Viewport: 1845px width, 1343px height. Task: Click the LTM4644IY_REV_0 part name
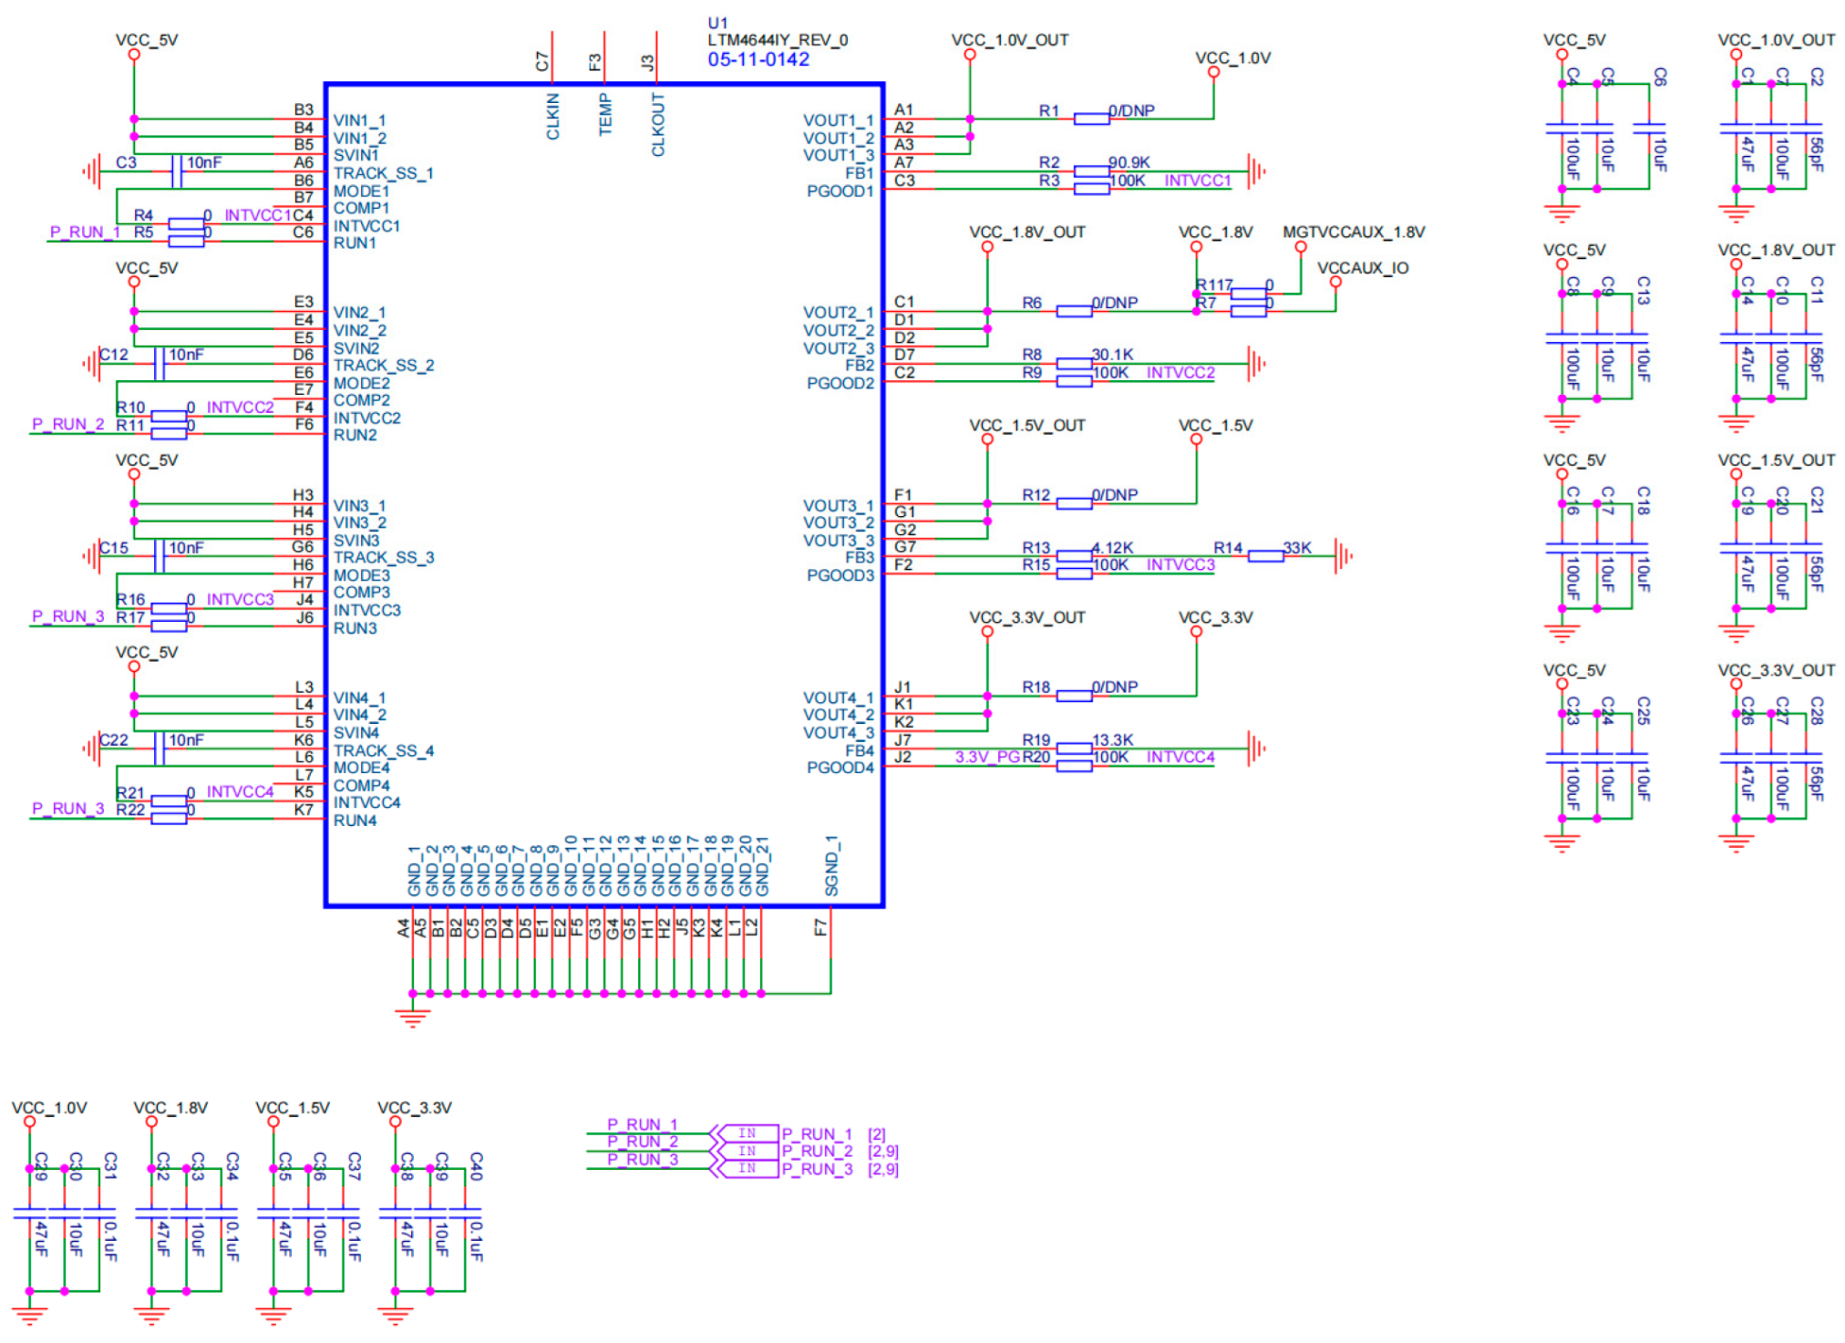click(777, 40)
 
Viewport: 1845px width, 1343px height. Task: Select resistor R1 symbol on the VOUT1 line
click(1090, 119)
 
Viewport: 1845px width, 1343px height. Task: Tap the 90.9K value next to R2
click(1129, 162)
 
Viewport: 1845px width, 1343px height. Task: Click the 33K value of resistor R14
click(1296, 547)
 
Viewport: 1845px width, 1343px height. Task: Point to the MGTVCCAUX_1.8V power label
click(1353, 232)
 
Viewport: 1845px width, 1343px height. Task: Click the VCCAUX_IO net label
click(1362, 268)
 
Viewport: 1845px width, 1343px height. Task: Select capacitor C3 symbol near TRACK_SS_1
click(176, 171)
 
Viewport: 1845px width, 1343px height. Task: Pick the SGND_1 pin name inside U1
click(831, 865)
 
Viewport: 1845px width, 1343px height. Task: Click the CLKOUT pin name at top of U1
click(658, 124)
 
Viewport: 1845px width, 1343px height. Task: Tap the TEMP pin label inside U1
click(605, 117)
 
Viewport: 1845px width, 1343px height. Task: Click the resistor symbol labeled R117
click(1247, 293)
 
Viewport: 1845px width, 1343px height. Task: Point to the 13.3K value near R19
click(1112, 739)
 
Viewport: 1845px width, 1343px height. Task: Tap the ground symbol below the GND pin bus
click(412, 1018)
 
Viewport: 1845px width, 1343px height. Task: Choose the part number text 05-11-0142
click(758, 59)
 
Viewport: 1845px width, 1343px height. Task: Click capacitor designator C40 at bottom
click(476, 1166)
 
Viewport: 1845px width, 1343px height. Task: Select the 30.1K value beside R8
click(1112, 355)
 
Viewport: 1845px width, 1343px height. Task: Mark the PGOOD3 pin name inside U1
click(840, 575)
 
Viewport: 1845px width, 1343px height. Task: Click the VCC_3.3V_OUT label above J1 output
click(1026, 617)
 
